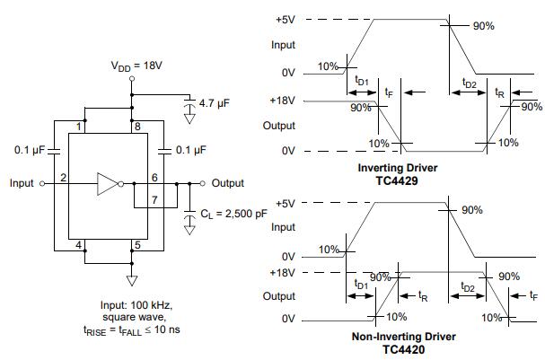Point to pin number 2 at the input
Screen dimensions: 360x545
[65, 178]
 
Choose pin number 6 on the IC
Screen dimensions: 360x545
[154, 178]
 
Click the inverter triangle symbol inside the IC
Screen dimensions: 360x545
[108, 184]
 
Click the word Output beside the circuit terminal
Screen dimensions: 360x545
[227, 183]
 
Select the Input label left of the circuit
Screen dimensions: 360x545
[22, 183]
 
